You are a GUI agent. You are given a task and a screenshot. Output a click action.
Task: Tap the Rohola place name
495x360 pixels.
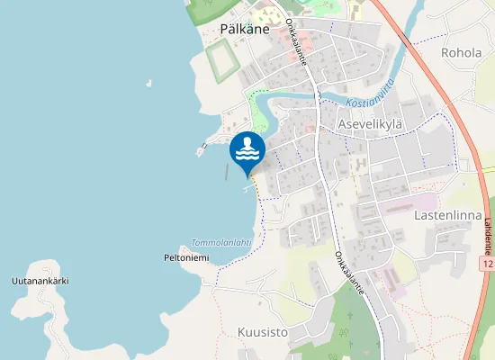pos(462,52)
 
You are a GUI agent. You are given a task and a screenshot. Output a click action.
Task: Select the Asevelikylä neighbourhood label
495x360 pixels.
pos(370,122)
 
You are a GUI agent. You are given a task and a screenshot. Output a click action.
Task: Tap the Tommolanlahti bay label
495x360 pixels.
pos(220,243)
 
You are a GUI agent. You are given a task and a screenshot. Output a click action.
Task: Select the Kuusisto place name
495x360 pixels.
pos(263,332)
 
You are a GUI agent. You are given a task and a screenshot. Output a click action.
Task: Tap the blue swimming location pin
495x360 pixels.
pos(247,151)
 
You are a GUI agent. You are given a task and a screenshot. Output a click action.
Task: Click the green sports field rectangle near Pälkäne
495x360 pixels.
pos(222,60)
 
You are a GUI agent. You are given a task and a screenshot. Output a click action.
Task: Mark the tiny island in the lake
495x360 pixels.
pos(149,84)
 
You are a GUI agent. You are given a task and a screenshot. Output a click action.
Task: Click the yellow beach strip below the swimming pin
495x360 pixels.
pos(257,184)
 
